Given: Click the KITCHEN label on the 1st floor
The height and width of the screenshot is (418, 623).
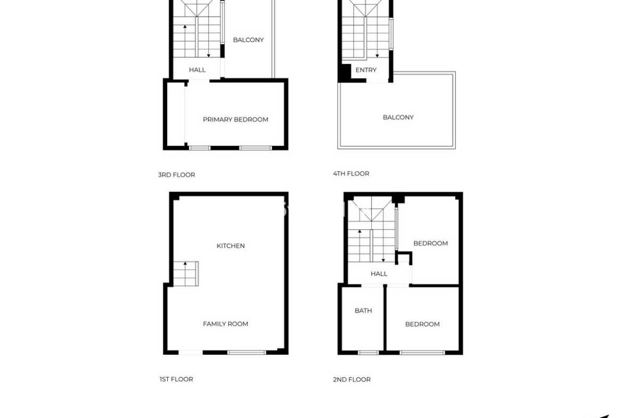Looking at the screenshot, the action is click(231, 246).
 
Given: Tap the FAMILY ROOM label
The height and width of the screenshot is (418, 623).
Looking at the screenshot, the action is click(225, 324).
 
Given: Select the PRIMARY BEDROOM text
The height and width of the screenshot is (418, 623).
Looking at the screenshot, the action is click(235, 120).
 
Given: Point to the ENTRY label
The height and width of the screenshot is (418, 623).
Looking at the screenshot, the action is click(366, 70).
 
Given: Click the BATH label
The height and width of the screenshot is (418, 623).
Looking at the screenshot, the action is click(363, 311).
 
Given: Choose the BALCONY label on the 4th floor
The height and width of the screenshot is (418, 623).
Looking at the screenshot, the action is click(398, 117).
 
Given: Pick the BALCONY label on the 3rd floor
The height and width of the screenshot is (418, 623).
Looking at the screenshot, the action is click(248, 40).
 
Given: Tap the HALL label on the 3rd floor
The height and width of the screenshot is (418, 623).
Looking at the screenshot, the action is click(197, 70).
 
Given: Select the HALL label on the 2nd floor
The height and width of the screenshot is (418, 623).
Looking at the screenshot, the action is click(379, 274).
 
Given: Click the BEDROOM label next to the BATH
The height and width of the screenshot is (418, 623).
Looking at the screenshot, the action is click(422, 324).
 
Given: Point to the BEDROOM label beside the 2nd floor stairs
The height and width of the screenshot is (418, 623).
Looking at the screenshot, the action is click(430, 243).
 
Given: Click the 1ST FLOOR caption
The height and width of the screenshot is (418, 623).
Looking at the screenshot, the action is click(176, 379).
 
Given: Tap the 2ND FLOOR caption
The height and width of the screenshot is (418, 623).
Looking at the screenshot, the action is click(351, 380).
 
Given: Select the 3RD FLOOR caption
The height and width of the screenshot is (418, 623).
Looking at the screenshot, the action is click(176, 175).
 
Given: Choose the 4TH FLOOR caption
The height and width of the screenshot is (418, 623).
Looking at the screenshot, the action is click(351, 174).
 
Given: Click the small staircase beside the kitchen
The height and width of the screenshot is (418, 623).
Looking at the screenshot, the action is click(185, 273).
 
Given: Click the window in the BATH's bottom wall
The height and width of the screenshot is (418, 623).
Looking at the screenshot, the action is click(368, 353).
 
